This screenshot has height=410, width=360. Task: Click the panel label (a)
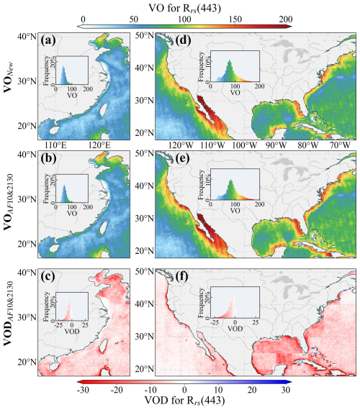pos(48,40)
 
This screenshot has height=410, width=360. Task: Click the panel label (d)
pos(183,40)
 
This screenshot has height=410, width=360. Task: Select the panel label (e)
pos(183,158)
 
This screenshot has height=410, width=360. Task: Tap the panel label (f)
pos(182,277)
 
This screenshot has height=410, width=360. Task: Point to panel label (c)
pos(48,277)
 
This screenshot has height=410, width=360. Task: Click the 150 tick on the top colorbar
pos(235,19)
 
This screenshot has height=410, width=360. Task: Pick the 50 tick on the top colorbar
pos(133,19)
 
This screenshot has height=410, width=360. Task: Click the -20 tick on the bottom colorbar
pos(117,390)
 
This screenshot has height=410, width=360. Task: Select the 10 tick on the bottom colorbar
pos(218,390)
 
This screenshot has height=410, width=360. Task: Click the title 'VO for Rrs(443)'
pos(184,8)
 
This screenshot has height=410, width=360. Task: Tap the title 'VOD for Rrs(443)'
pos(184,401)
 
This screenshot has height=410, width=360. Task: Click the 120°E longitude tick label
pos(99,145)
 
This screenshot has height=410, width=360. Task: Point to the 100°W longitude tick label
pos(245,145)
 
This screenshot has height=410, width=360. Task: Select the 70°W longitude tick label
pos(340,145)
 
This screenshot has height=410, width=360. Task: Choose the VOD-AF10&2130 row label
pos(9,313)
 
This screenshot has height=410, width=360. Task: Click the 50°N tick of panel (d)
pos(144,35)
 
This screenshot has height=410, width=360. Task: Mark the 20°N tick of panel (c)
pos(27,362)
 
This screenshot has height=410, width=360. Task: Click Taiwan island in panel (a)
pos(104,110)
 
